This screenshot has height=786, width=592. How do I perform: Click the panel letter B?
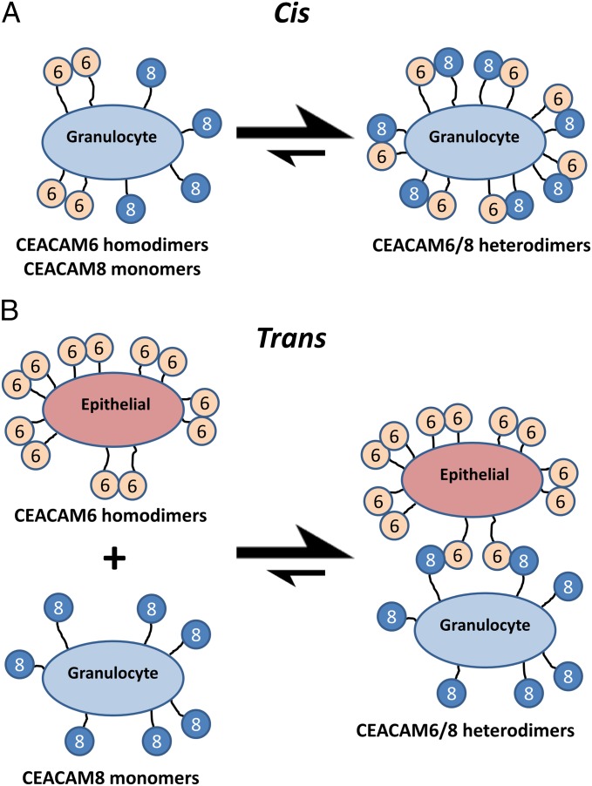coord(10,311)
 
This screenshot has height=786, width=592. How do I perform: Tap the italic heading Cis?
coord(292,13)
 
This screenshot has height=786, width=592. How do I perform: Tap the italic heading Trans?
coord(291,337)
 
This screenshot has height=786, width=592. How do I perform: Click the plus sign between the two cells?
coord(114,558)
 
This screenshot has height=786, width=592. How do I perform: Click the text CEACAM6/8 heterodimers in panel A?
coord(481,246)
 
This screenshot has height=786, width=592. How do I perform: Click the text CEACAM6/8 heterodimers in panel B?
coord(465,730)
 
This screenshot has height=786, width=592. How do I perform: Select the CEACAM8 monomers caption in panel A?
coord(112,269)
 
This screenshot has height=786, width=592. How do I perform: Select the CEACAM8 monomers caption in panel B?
coord(111,777)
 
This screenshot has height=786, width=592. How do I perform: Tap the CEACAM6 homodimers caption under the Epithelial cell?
coord(111,515)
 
